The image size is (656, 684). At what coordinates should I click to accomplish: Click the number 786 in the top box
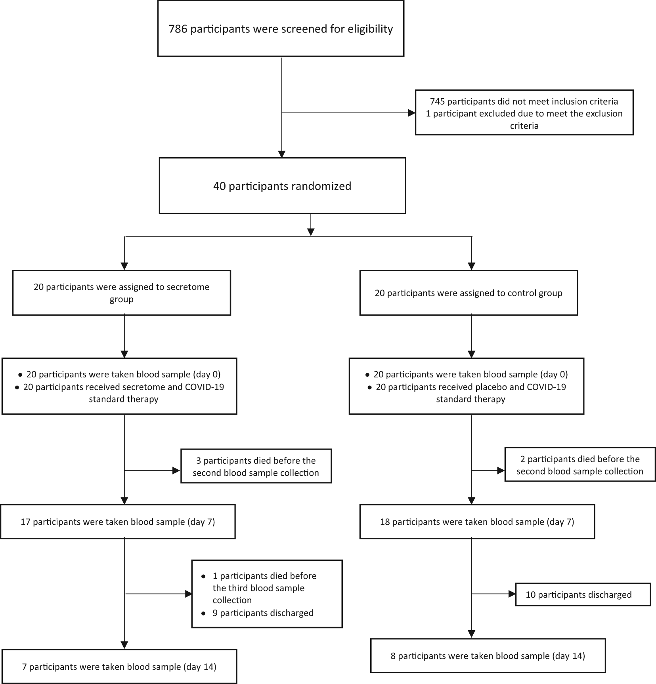pyautogui.click(x=178, y=29)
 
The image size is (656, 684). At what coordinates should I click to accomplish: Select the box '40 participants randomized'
pyautogui.click(x=282, y=186)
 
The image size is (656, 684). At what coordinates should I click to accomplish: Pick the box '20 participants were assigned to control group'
pyautogui.click(x=469, y=293)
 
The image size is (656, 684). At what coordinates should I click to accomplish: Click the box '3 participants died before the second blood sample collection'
pyautogui.click(x=256, y=466)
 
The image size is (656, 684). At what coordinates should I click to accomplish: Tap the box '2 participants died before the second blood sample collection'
pyautogui.click(x=580, y=465)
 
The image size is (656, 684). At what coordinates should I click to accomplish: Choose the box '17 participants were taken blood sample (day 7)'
pyautogui.click(x=118, y=522)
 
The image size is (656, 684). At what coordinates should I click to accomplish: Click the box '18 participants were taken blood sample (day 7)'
pyautogui.click(x=477, y=522)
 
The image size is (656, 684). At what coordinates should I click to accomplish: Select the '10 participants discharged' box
pyautogui.click(x=583, y=594)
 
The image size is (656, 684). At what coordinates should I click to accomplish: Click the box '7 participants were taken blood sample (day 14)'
pyautogui.click(x=119, y=667)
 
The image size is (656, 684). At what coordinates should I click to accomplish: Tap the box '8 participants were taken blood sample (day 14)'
pyautogui.click(x=488, y=655)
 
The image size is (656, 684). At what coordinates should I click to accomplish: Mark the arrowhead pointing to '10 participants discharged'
pyautogui.click(x=512, y=594)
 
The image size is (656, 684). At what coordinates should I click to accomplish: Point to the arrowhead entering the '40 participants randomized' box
pyautogui.click(x=282, y=154)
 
